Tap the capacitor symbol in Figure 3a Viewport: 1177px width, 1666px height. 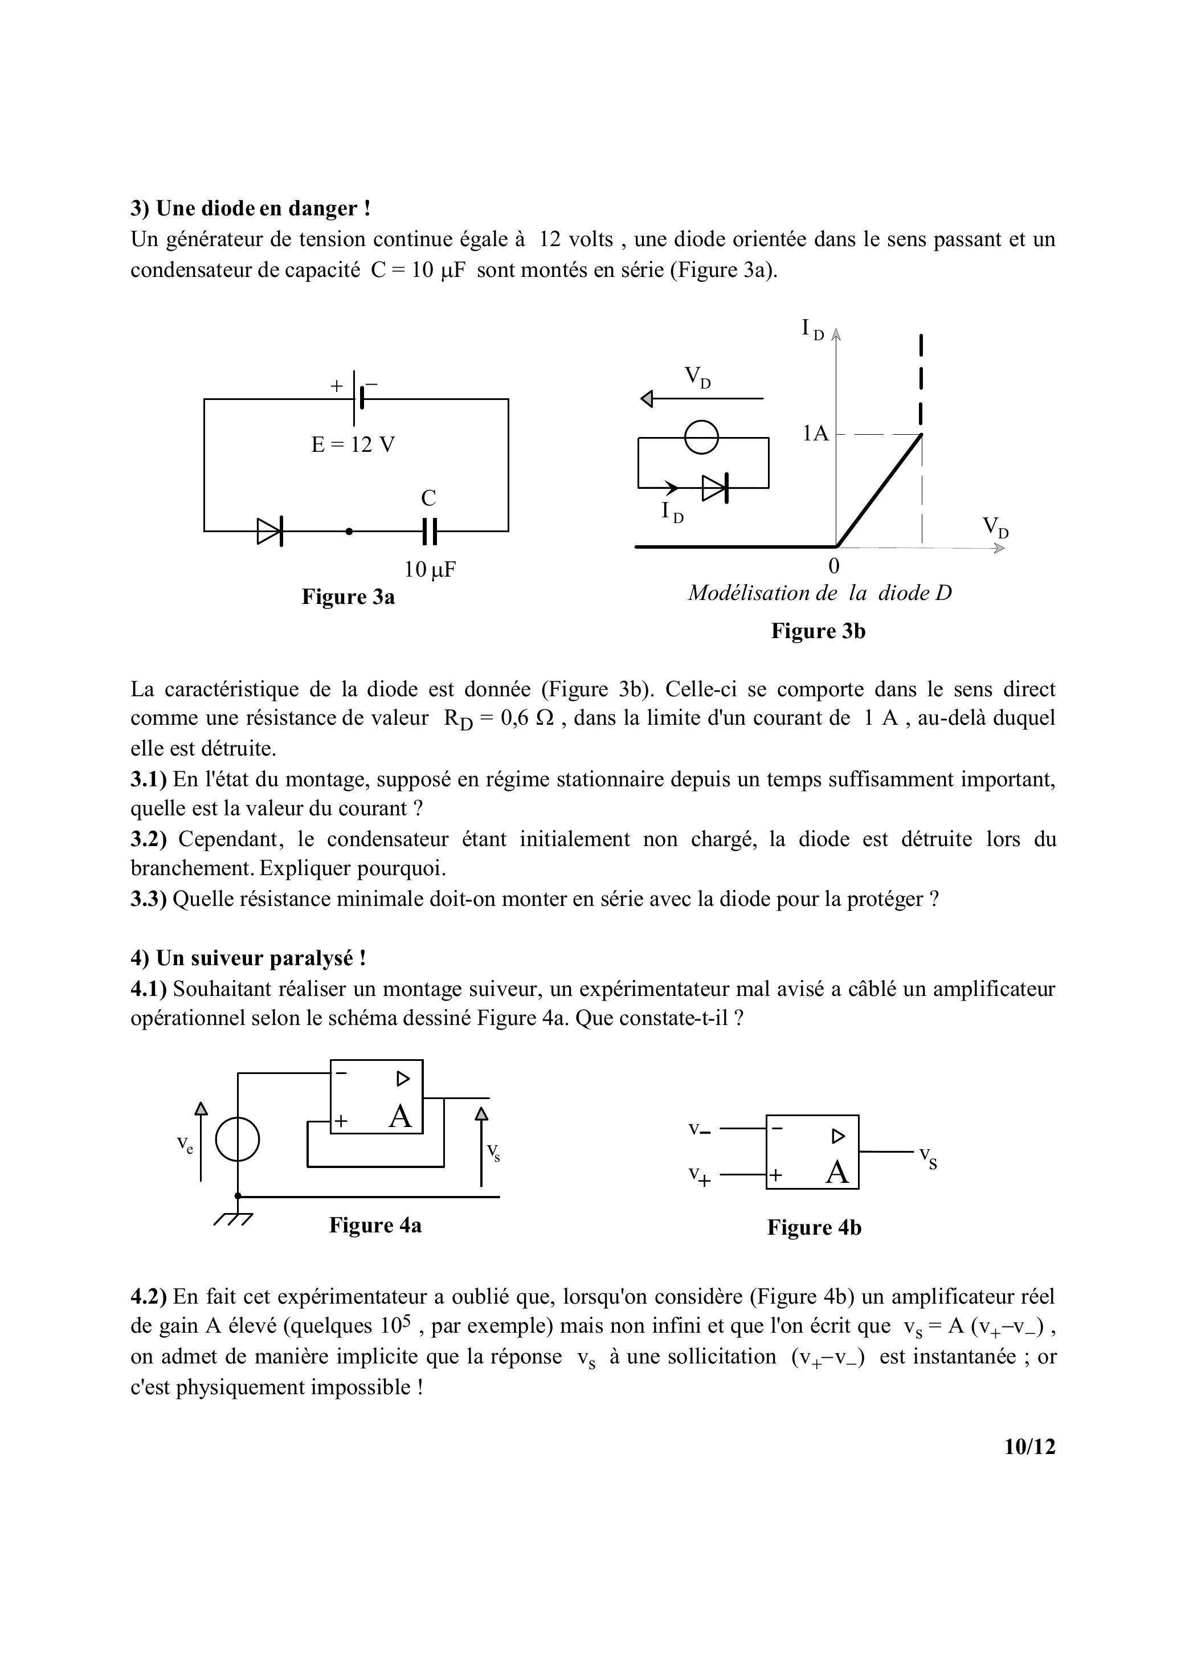429,532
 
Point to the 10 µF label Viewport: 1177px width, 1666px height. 430,570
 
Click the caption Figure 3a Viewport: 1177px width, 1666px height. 348,597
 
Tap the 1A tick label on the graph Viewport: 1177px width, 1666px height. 815,434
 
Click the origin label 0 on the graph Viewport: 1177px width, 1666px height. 834,565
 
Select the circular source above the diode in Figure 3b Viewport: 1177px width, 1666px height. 702,438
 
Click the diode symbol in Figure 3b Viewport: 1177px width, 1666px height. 715,488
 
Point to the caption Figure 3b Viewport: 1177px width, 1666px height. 818,631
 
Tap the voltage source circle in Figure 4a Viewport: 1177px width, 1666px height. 238,1141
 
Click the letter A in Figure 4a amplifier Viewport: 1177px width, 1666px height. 400,1117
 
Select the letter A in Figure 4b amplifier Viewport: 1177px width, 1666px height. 837,1172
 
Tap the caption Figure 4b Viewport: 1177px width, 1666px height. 814,1228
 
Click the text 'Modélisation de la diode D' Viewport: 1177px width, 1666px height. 819,594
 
